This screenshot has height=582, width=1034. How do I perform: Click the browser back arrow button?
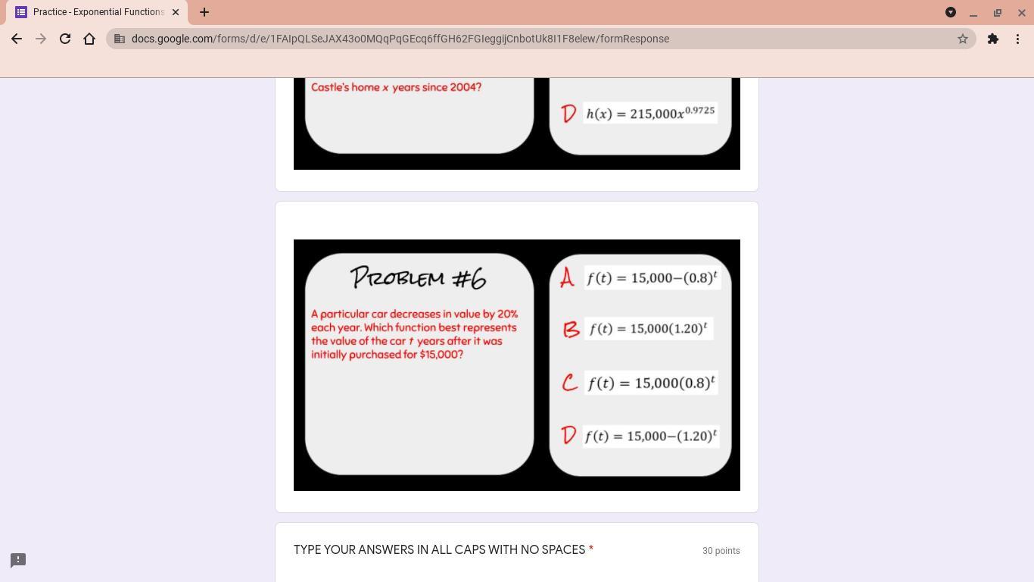point(17,39)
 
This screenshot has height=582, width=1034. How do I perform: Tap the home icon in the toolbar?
point(89,39)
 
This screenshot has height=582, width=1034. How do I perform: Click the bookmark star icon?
point(962,39)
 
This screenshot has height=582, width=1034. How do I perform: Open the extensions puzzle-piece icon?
point(993,39)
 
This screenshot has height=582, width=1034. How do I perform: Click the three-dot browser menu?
point(1017,39)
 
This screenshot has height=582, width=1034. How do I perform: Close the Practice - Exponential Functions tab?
point(176,12)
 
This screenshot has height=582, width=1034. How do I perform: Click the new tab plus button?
point(204,12)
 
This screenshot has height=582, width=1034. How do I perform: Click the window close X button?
point(1022,13)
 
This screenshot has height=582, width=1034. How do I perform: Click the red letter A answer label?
point(567,277)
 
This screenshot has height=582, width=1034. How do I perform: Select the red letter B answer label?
point(571,330)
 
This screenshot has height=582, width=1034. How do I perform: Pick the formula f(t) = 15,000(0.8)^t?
point(651,383)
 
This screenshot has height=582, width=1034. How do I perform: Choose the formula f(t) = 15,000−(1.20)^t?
point(651,436)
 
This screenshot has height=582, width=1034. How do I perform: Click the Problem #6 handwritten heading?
point(418,277)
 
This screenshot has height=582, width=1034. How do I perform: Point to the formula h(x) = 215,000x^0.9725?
point(650,113)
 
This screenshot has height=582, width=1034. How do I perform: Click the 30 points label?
point(721,551)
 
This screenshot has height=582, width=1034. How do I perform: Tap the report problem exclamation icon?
point(18,560)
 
